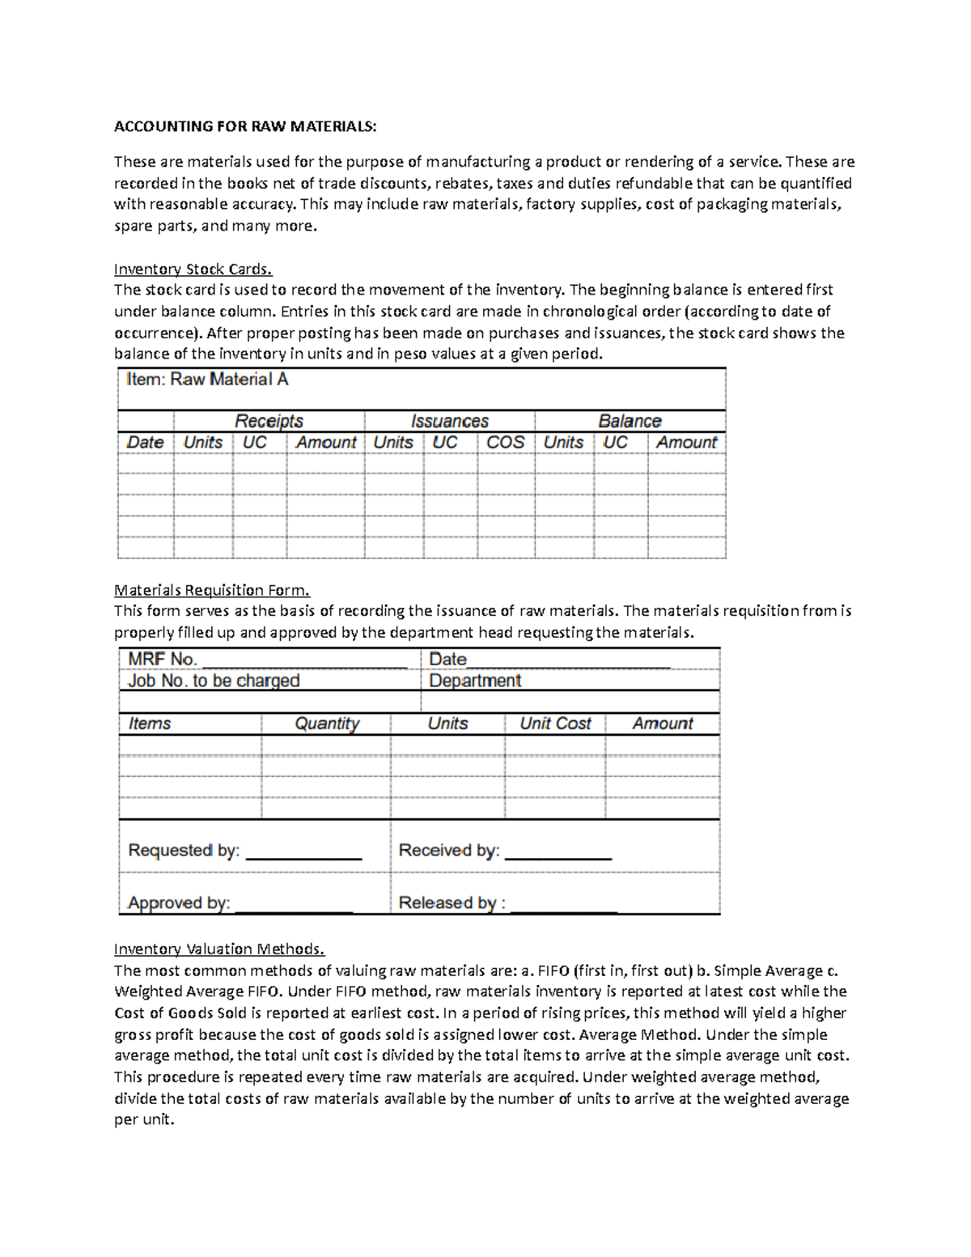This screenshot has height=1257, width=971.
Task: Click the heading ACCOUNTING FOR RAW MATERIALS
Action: point(244,126)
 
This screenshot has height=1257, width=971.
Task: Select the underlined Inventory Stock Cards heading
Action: point(193,269)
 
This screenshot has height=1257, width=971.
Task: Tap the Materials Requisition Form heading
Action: point(211,590)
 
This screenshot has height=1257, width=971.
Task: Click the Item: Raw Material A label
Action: point(207,380)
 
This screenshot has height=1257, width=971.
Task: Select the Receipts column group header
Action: point(269,421)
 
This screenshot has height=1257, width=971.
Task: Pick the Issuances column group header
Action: point(449,421)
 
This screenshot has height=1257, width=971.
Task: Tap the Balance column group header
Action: point(630,421)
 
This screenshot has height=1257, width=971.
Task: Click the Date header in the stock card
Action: point(145,443)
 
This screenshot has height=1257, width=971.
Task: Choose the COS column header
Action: point(505,443)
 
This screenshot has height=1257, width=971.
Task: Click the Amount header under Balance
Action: point(686,443)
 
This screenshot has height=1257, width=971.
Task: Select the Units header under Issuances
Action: point(393,443)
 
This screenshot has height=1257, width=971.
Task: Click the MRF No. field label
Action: point(163,660)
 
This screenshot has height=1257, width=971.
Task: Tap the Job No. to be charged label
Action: point(214,681)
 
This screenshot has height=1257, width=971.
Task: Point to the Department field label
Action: point(475,681)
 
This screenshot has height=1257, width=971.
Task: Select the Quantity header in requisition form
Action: point(327,724)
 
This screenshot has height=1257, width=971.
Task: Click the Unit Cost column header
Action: point(555,724)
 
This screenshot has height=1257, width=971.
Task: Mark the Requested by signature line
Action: point(303,855)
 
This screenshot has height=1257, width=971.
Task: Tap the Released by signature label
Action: point(452,902)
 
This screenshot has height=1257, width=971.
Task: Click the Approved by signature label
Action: point(179,902)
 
